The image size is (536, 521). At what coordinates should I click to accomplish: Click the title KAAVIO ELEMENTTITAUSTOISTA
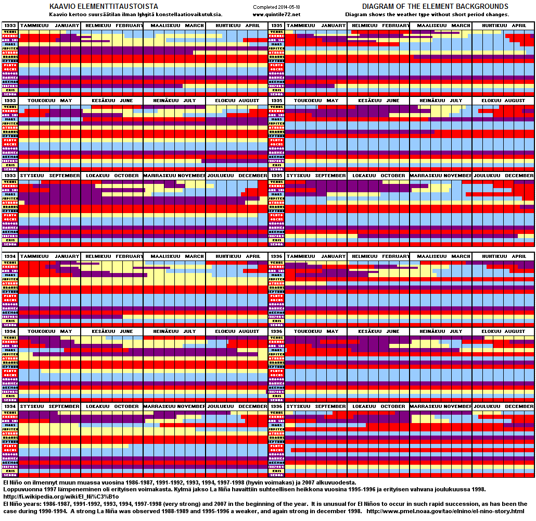(103, 6)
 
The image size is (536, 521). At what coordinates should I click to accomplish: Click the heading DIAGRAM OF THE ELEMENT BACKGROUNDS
(435, 6)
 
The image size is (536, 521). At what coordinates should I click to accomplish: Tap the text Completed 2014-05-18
(276, 7)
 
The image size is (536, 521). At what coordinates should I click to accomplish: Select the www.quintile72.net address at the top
(276, 14)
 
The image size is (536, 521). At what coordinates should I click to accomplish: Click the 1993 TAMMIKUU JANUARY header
(50, 26)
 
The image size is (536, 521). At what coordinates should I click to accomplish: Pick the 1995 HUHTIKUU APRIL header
(503, 26)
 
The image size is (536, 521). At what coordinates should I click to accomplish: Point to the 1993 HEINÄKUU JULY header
(174, 101)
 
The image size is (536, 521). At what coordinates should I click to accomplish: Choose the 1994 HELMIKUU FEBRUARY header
(112, 256)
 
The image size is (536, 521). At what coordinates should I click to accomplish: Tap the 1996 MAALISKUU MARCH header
(441, 256)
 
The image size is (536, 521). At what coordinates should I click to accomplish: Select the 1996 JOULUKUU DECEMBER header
(503, 406)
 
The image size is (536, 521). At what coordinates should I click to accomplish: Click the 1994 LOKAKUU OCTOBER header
(112, 406)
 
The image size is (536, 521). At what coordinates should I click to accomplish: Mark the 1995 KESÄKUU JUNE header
(378, 101)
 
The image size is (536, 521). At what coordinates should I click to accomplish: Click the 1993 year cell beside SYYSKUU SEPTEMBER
(10, 176)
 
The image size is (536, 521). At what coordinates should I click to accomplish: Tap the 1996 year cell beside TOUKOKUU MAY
(276, 331)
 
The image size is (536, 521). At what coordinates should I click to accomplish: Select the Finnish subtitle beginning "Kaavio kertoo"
(135, 14)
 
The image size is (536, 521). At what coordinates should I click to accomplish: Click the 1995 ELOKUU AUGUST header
(503, 101)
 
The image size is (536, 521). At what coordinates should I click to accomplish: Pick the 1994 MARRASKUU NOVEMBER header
(174, 406)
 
